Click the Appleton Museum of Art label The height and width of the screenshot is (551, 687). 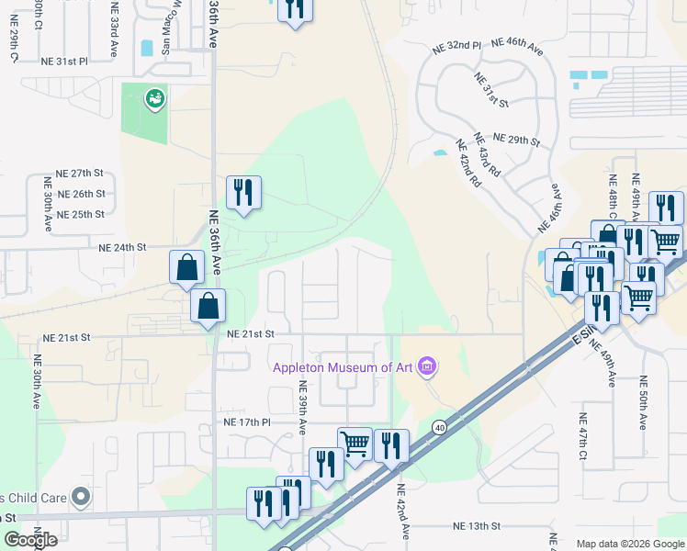pyautogui.click(x=342, y=369)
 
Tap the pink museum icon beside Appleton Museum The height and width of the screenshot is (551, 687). pyautogui.click(x=425, y=368)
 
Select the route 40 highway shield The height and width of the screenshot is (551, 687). pyautogui.click(x=440, y=427)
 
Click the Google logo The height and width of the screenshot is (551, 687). pyautogui.click(x=30, y=540)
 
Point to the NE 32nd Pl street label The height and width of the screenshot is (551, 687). pyautogui.click(x=457, y=45)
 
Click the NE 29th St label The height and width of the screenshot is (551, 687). pyautogui.click(x=516, y=140)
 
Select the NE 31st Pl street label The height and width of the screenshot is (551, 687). pyautogui.click(x=64, y=62)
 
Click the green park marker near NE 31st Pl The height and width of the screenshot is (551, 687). pyautogui.click(x=154, y=98)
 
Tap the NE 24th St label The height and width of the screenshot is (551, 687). pyautogui.click(x=123, y=247)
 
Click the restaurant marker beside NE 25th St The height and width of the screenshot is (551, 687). pyautogui.click(x=243, y=193)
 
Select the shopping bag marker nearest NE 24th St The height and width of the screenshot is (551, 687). pyautogui.click(x=186, y=267)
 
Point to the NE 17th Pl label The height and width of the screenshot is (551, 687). pyautogui.click(x=247, y=422)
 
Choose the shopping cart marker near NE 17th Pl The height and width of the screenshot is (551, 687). pyautogui.click(x=355, y=444)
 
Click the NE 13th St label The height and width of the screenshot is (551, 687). pyautogui.click(x=477, y=526)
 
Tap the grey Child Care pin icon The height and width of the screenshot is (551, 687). pyautogui.click(x=81, y=498)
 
